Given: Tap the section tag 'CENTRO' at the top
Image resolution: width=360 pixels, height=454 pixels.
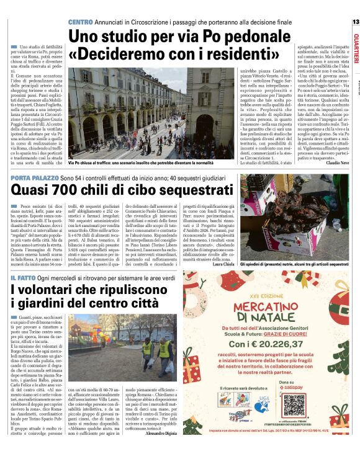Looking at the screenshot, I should [80, 22].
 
